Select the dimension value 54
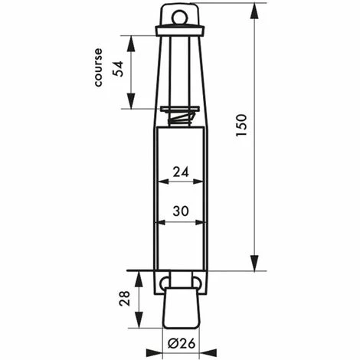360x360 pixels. (x=117, y=69)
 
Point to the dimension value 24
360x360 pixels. (x=181, y=173)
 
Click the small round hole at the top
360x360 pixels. (x=181, y=15)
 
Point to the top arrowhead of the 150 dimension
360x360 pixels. (x=254, y=9)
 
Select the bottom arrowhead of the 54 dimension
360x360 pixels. (x=131, y=104)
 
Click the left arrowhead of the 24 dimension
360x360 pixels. (x=160, y=182)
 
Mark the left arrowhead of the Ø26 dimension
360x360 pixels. (x=165, y=353)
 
